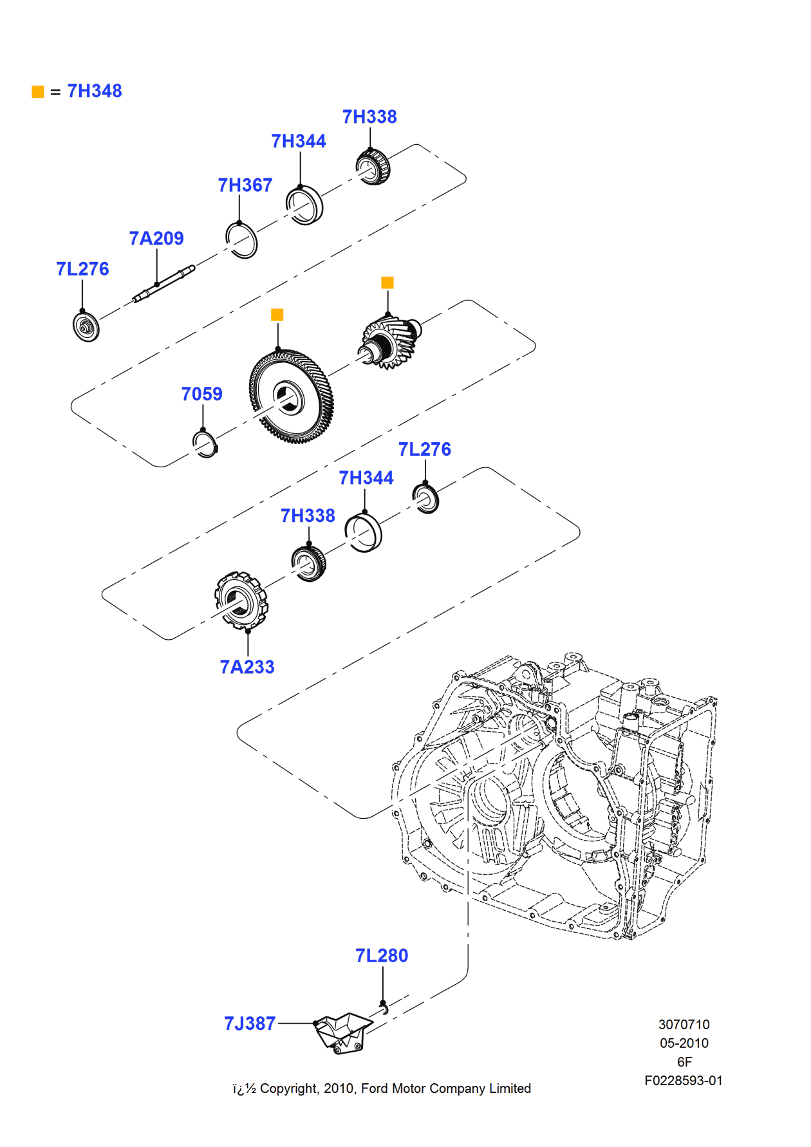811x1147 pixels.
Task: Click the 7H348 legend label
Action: [94, 91]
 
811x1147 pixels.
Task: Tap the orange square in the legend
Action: [38, 92]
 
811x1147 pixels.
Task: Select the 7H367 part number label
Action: [245, 185]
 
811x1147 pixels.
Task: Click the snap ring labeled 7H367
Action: [242, 240]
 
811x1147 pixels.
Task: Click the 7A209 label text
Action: [156, 239]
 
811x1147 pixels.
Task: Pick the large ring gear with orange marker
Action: [291, 397]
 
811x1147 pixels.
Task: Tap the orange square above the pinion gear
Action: [387, 283]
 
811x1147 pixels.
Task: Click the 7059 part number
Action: [201, 394]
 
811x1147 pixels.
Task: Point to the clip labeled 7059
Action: [205, 444]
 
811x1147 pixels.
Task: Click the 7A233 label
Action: [247, 667]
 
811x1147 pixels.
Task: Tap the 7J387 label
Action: [250, 1023]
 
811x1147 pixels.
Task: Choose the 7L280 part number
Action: [382, 956]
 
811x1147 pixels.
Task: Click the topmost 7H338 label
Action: [369, 117]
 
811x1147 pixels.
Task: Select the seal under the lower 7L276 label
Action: [425, 499]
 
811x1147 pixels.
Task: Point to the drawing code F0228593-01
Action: [683, 1081]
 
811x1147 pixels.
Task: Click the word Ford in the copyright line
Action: [375, 1088]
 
